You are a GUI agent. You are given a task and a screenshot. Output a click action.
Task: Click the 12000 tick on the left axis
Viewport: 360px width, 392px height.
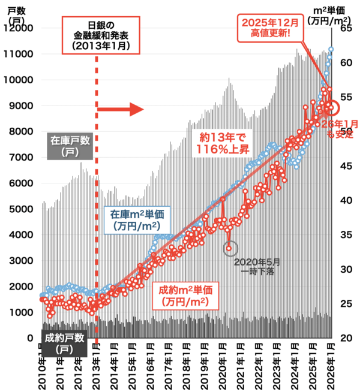pos(19,28)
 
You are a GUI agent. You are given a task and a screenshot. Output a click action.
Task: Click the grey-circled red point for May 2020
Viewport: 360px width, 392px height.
pos(229,247)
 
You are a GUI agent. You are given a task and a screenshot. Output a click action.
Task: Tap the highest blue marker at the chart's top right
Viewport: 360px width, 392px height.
pos(331,49)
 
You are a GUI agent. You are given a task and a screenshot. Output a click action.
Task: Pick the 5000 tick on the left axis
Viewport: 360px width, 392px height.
pos(21,209)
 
